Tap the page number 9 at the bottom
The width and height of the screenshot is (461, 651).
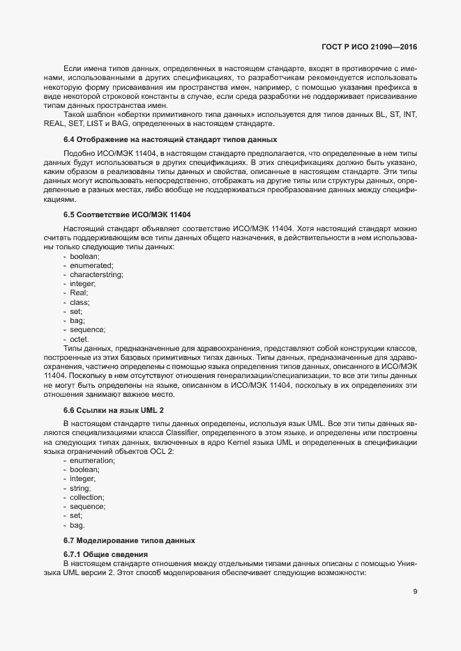coord(415,592)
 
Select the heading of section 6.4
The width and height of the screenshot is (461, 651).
coord(136,140)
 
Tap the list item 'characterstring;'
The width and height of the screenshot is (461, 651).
coord(97,275)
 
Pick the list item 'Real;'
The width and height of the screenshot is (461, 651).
coord(79,293)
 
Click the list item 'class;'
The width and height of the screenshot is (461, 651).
coord(80,302)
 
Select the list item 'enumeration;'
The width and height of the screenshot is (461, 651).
coord(93,461)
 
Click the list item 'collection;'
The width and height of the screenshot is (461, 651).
coord(88,497)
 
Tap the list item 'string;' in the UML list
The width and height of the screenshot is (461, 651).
coord(82,488)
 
